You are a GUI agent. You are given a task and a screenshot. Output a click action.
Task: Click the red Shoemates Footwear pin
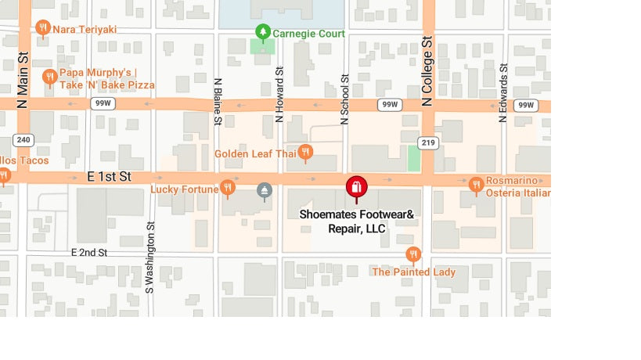356,188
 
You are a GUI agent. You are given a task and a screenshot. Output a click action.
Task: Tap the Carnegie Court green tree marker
263,32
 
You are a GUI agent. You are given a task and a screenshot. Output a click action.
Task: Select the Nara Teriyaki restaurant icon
43,28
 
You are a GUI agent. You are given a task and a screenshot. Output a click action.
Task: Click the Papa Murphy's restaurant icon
49,76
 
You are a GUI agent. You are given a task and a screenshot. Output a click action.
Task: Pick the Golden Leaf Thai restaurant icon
305,152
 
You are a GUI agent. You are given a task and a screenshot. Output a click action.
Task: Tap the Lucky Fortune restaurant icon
228,187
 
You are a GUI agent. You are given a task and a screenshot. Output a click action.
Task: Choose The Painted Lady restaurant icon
413,254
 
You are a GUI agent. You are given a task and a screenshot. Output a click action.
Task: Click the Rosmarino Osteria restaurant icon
476,185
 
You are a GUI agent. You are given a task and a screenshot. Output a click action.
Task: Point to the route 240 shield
23,140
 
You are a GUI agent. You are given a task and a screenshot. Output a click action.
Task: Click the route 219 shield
427,142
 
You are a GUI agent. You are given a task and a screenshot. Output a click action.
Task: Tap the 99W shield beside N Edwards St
526,105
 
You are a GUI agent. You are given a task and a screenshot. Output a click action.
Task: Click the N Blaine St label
218,100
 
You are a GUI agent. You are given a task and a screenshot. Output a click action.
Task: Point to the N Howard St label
279,94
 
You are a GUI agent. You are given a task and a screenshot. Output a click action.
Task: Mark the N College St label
427,71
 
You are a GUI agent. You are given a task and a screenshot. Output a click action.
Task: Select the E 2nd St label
88,253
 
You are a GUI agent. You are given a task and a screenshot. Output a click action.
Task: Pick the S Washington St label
149,257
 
